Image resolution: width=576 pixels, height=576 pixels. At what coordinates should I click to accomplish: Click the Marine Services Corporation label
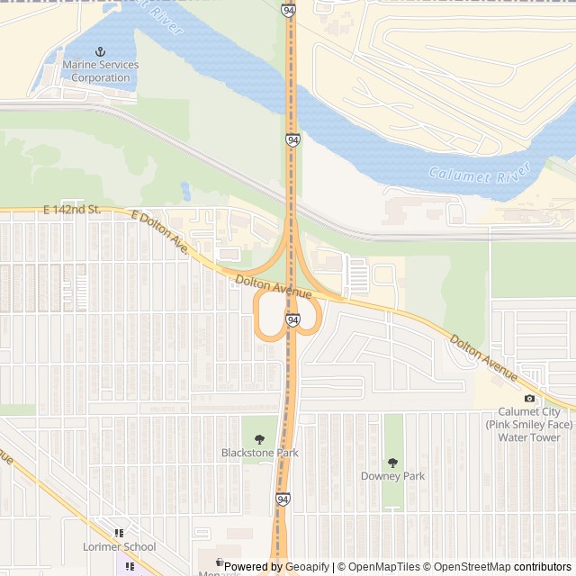101,71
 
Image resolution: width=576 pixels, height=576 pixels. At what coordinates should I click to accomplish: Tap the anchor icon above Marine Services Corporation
101,53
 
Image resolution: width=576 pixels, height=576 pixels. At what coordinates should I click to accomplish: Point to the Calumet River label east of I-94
472,175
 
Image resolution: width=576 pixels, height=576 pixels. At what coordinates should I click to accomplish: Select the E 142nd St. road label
76,210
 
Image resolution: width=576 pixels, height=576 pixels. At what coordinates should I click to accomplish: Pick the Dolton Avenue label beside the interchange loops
274,288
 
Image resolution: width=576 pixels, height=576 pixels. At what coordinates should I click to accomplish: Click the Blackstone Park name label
260,453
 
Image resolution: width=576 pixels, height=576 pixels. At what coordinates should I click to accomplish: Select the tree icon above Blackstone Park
260,439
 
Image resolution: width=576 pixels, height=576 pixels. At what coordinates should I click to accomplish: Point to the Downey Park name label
392,475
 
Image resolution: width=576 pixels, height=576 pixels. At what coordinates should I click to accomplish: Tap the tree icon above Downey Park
392,462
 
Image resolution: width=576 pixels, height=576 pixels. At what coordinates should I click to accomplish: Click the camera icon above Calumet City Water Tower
529,399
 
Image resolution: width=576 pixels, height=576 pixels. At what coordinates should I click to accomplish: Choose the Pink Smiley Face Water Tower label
529,425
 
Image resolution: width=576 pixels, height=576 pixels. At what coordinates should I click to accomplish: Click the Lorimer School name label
120,546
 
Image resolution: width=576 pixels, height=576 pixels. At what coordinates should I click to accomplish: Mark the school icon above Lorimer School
120,533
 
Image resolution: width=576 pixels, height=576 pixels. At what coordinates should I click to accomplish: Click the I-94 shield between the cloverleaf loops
292,319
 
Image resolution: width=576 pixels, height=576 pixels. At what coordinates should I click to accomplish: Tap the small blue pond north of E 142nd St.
185,191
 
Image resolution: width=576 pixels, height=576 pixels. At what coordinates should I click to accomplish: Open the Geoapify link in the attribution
307,567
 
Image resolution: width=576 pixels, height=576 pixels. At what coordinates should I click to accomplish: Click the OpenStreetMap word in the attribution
473,567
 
